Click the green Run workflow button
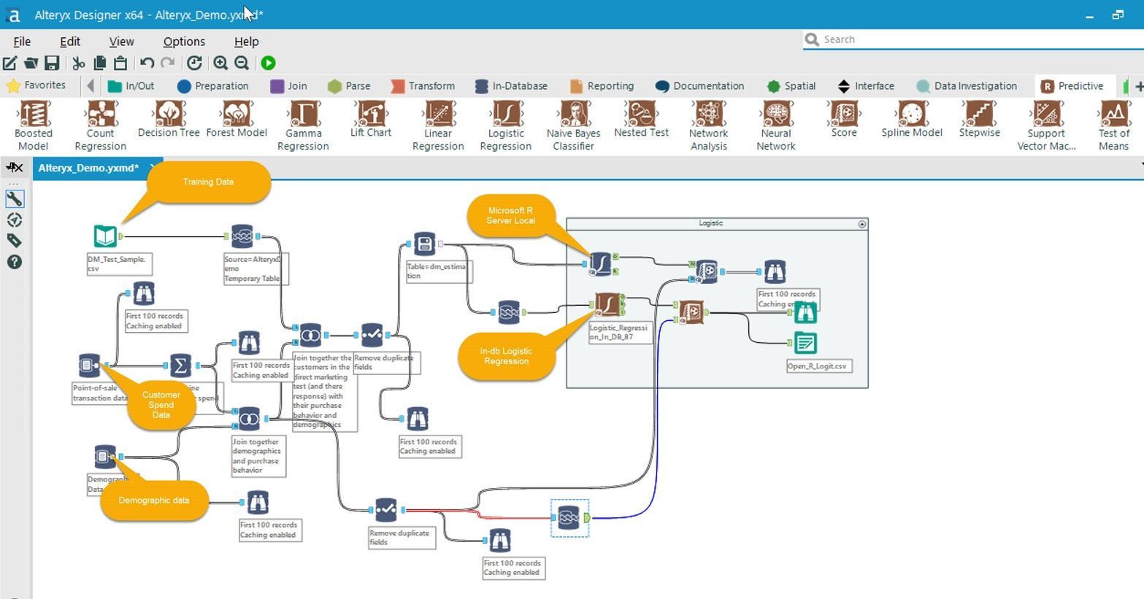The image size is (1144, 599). (x=269, y=63)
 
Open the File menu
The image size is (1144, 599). (x=22, y=42)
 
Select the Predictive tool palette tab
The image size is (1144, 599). (x=1072, y=86)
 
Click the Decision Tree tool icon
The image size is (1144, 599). (x=169, y=115)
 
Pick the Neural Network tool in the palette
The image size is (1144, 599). (x=775, y=115)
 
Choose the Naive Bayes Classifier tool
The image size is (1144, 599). (x=573, y=115)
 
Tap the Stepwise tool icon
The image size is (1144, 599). (x=979, y=115)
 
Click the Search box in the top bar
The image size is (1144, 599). (x=971, y=39)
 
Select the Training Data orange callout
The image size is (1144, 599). (x=208, y=182)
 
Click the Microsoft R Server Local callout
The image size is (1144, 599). (x=511, y=215)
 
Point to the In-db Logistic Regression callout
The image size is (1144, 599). (x=506, y=356)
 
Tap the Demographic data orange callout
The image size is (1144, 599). (x=154, y=501)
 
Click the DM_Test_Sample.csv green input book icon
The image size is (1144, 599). (x=106, y=236)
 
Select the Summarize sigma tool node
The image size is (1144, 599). (x=180, y=365)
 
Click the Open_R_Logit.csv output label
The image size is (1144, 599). (x=817, y=366)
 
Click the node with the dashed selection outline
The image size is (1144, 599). (x=569, y=518)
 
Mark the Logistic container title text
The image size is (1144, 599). (x=710, y=223)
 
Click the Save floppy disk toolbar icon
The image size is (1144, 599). (x=52, y=63)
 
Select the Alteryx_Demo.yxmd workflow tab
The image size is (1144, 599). (x=88, y=169)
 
